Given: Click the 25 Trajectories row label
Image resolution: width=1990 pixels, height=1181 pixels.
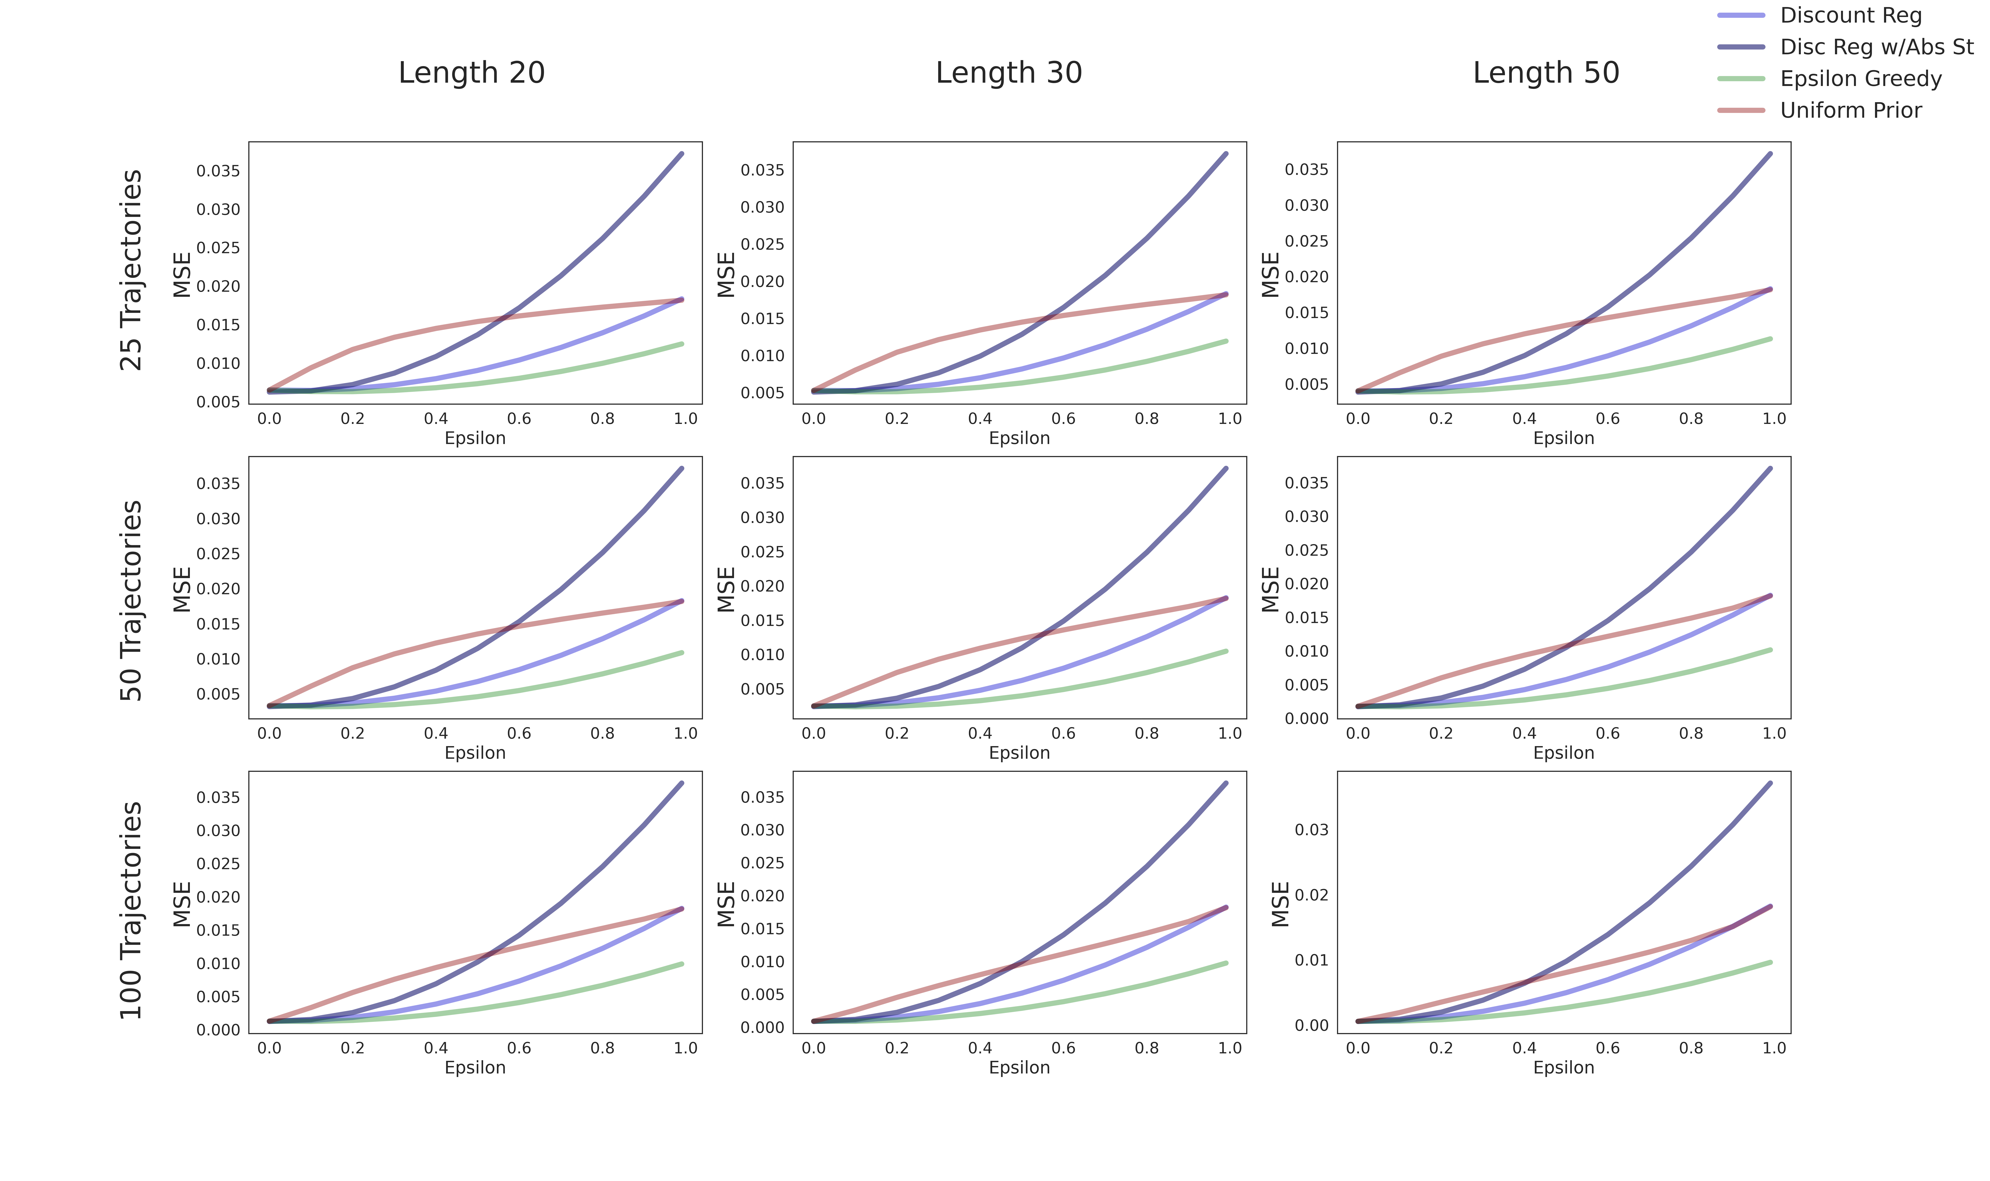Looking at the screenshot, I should pyautogui.click(x=131, y=271).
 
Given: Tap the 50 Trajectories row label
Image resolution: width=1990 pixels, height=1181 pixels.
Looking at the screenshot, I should pyautogui.click(x=131, y=601).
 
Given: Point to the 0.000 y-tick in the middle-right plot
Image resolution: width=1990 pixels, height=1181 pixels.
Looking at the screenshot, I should pyautogui.click(x=1306, y=719).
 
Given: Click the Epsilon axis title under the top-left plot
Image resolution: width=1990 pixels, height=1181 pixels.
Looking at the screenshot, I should pyautogui.click(x=475, y=438).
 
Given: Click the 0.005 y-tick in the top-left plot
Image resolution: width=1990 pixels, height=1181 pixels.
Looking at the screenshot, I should pyautogui.click(x=218, y=402).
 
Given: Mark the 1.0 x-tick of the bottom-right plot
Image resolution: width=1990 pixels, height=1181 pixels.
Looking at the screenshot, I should pyautogui.click(x=1774, y=1048).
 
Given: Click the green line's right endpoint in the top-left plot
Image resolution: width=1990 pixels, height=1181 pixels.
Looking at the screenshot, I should pyautogui.click(x=682, y=344).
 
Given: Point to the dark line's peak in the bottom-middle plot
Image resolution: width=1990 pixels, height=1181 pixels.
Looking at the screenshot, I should pyautogui.click(x=1226, y=783).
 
